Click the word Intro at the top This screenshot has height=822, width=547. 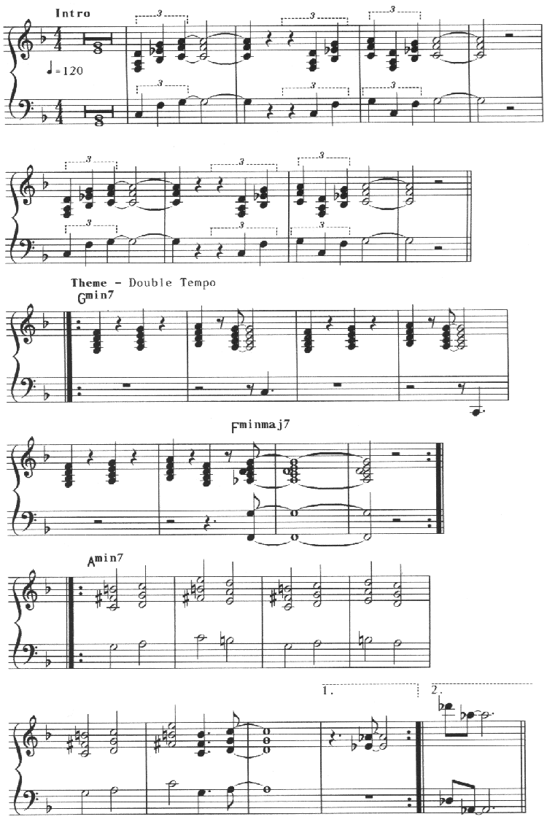(x=73, y=13)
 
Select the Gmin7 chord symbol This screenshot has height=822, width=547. (x=96, y=298)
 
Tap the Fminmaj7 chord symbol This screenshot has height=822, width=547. (x=260, y=426)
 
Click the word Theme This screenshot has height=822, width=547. (x=89, y=283)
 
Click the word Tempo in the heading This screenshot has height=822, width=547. (x=199, y=283)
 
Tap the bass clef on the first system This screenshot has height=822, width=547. (x=27, y=108)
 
